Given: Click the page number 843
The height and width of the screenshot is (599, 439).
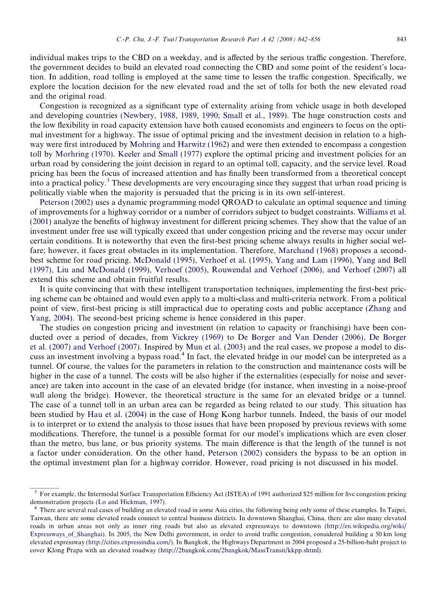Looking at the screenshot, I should point(401,39).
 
